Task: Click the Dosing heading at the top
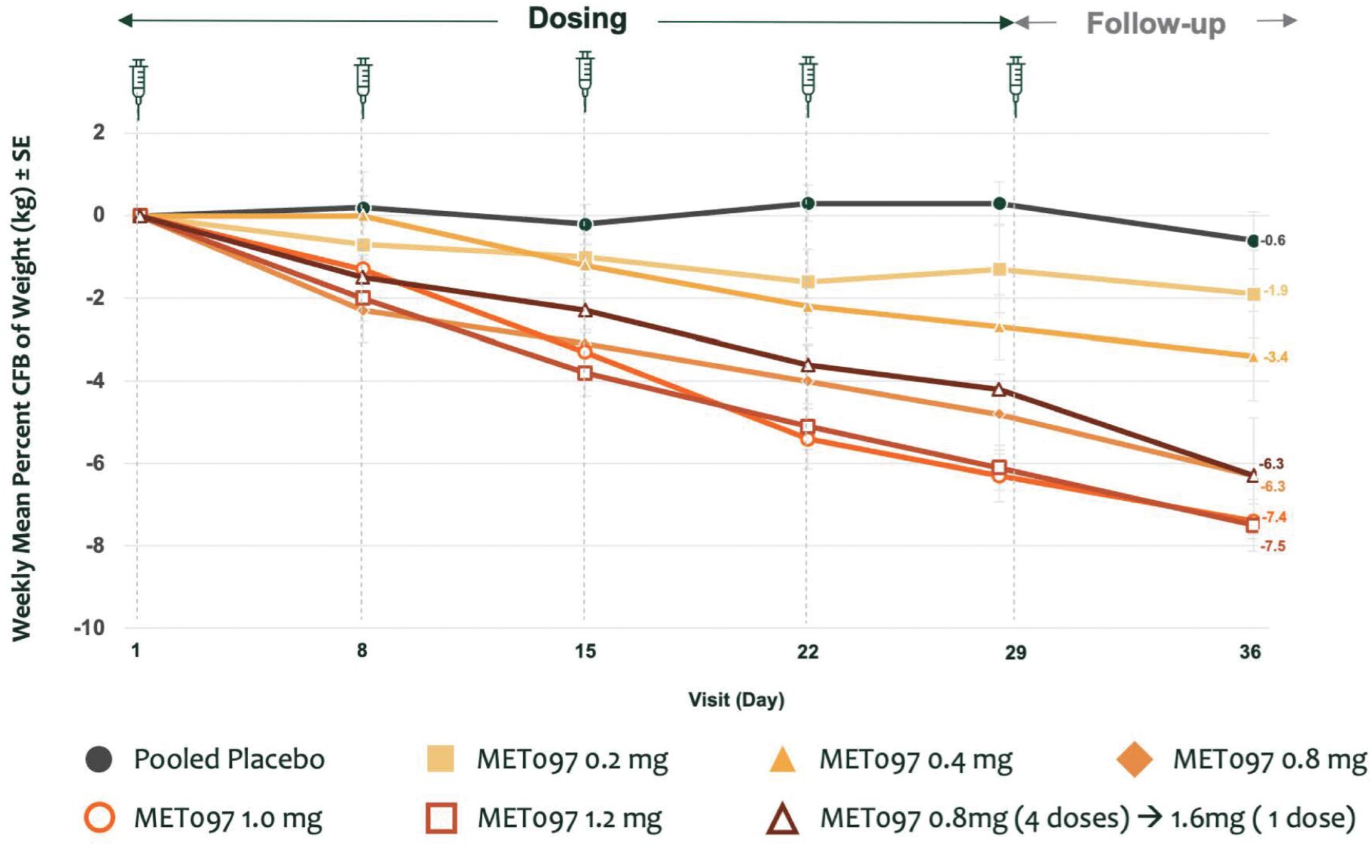577,20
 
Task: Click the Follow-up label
1156,24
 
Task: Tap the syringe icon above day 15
585,81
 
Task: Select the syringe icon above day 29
1016,86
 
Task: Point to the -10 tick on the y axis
89,628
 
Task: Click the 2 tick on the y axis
99,133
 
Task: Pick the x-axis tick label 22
808,652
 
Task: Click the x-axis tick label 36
1250,652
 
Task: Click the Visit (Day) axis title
736,700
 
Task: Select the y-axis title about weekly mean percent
22,389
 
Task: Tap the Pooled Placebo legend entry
205,759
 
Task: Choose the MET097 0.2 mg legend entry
547,759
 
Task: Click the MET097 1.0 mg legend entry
203,818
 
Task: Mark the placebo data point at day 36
1253,241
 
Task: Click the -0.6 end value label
1273,241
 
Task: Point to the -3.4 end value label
1276,357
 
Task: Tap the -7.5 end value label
1273,546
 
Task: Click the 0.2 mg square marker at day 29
1000,270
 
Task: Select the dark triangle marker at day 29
999,389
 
